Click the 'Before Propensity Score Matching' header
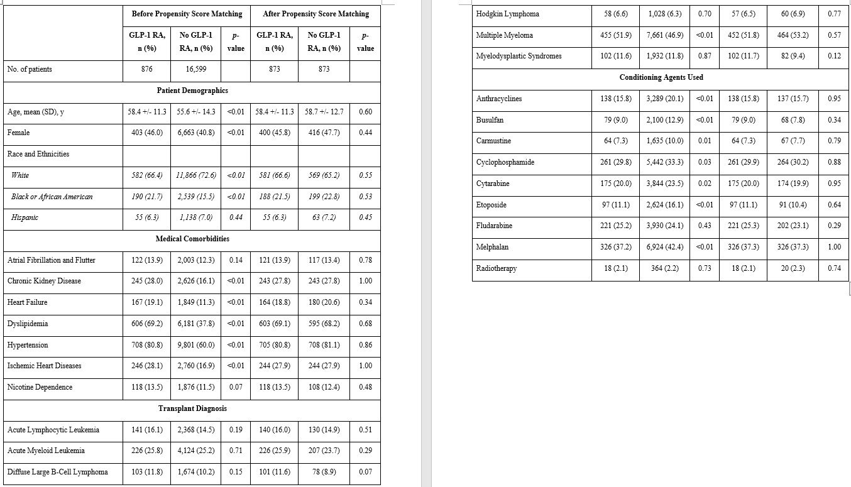[x=187, y=14]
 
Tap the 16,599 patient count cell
[x=195, y=69]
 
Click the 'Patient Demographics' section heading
[x=192, y=90]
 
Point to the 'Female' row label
[x=18, y=133]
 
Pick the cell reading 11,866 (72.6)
[x=195, y=175]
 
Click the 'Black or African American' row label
[x=52, y=197]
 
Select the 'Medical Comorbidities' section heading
[x=192, y=239]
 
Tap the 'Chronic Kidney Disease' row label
[x=44, y=281]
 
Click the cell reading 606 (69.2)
[x=147, y=324]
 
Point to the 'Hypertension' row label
[x=28, y=345]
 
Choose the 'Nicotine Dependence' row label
[x=40, y=387]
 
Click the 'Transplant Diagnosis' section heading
[x=192, y=408]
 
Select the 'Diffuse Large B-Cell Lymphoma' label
[x=57, y=472]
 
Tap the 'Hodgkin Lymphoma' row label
[x=507, y=14]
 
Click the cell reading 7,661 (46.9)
[x=665, y=35]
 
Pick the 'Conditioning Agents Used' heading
[x=661, y=77]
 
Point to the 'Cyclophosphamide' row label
[x=505, y=162]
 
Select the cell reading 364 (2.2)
[x=665, y=268]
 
